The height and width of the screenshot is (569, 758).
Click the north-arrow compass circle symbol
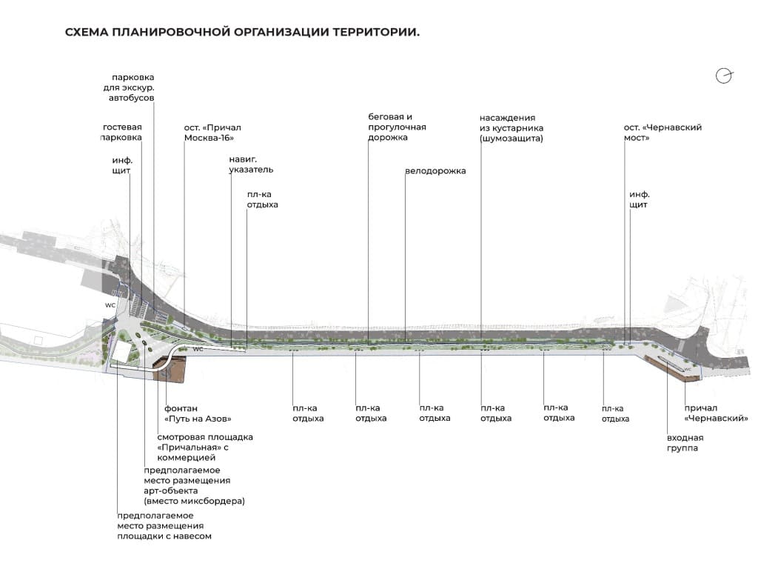pos(724,76)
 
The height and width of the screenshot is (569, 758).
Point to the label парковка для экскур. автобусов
pos(129,87)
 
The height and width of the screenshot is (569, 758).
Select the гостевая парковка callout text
pos(122,132)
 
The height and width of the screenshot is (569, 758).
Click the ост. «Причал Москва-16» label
pos(212,133)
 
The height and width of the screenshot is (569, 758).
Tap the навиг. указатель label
pos(251,164)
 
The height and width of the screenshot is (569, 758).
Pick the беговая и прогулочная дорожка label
pos(397,127)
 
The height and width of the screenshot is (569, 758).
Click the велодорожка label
pos(435,171)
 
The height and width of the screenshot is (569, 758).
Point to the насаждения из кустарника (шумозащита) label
pos(512,128)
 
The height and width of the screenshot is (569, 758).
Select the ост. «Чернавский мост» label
pos(663,133)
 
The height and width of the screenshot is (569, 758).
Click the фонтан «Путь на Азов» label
pos(198,413)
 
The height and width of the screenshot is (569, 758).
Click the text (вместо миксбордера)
pos(195,501)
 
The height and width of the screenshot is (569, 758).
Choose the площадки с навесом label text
pos(164,536)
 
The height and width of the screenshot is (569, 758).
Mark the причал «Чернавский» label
pos(716,413)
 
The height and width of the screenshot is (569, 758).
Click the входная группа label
pos(685,443)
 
